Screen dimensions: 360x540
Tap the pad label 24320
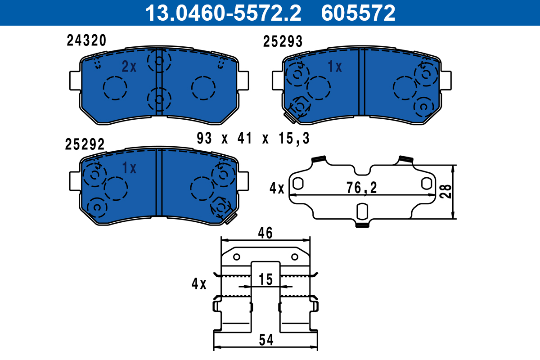[86, 40]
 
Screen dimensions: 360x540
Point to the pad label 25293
[283, 42]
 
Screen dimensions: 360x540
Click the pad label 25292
[85, 144]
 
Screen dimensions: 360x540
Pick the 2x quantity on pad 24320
[129, 67]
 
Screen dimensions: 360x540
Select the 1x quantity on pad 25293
[335, 67]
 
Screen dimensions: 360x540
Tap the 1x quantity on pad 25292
[129, 168]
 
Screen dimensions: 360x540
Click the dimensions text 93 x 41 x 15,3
[253, 139]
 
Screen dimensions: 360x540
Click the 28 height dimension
[445, 192]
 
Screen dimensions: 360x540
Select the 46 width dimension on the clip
[265, 233]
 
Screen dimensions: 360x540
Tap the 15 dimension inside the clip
[266, 279]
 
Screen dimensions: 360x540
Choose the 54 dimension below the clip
[266, 341]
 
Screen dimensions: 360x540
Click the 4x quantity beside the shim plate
[277, 188]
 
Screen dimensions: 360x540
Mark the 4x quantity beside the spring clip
[198, 284]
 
